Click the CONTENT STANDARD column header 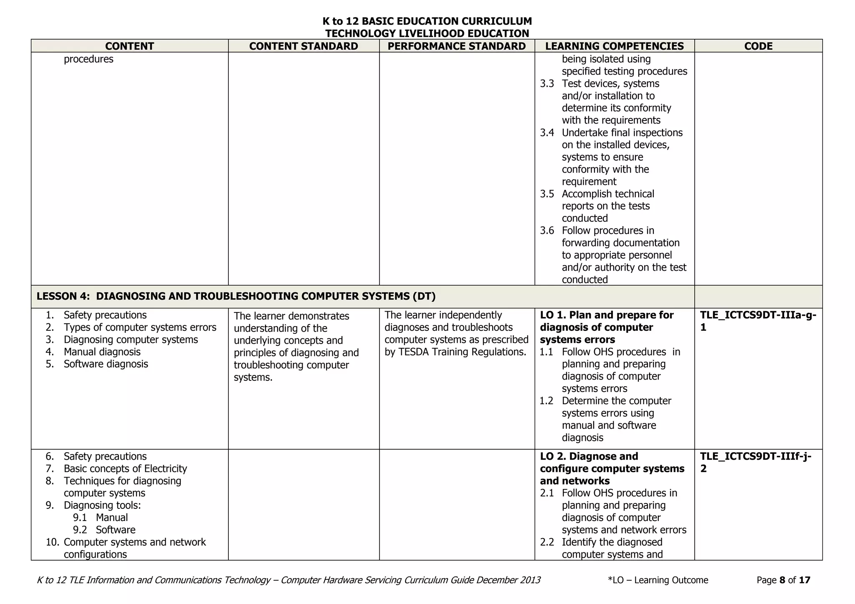(x=304, y=46)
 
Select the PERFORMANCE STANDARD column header (x=457, y=46)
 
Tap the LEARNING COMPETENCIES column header (x=615, y=46)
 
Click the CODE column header (x=758, y=46)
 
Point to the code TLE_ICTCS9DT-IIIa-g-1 (x=758, y=321)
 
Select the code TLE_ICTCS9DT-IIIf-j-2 (x=756, y=462)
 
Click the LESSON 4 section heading (x=236, y=296)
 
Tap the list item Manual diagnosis (x=102, y=352)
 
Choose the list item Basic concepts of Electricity (x=125, y=468)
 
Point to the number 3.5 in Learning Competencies (x=547, y=194)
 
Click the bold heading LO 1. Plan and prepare (x=607, y=315)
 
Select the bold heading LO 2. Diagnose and (x=589, y=456)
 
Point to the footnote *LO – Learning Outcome (x=658, y=580)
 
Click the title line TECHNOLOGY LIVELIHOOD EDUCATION (x=427, y=33)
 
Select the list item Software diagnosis (x=106, y=364)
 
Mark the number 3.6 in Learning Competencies (x=547, y=231)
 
